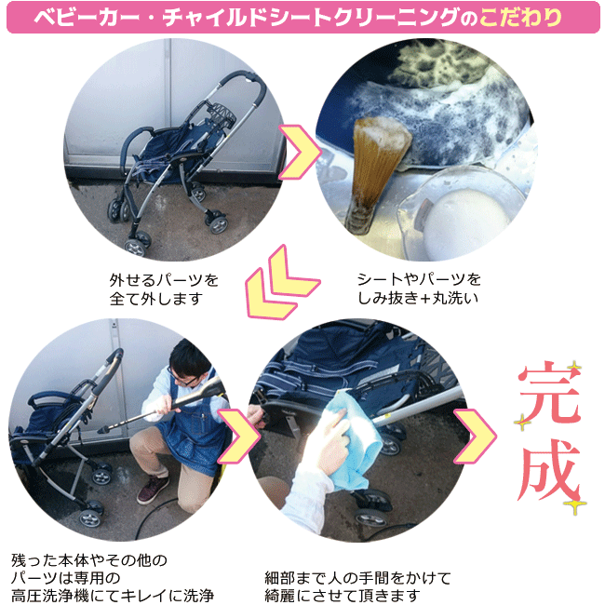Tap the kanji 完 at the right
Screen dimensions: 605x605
[x=548, y=395]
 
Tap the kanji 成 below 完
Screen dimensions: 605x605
[x=549, y=471]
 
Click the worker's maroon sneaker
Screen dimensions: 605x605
[x=153, y=490]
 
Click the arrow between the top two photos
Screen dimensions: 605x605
[x=300, y=152]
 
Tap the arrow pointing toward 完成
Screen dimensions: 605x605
[x=475, y=436]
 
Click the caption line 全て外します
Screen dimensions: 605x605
[x=155, y=299]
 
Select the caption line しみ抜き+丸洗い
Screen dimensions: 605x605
[x=418, y=298]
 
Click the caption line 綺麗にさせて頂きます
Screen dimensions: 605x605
[x=343, y=596]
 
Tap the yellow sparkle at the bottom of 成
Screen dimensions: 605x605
[x=575, y=504]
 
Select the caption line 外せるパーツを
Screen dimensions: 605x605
[x=164, y=280]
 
